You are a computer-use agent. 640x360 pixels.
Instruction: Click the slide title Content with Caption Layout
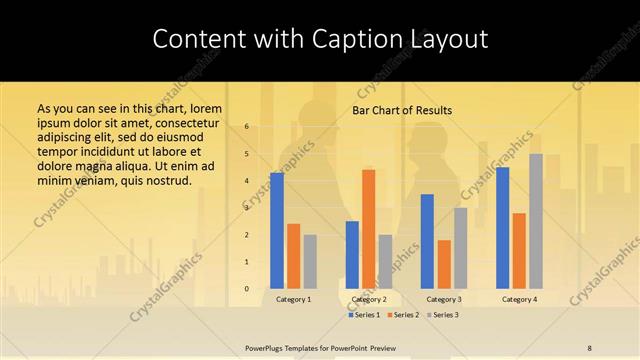pyautogui.click(x=320, y=39)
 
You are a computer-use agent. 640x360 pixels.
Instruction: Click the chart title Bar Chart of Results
pyautogui.click(x=402, y=110)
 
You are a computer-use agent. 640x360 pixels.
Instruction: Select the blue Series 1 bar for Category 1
pyautogui.click(x=276, y=230)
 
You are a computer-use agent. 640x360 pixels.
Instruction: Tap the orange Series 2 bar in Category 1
pyautogui.click(x=293, y=256)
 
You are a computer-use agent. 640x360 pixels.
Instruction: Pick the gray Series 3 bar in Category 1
pyautogui.click(x=310, y=261)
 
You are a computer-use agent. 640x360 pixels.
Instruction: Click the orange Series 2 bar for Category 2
pyautogui.click(x=368, y=229)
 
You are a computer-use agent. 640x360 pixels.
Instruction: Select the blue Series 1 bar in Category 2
pyautogui.click(x=352, y=255)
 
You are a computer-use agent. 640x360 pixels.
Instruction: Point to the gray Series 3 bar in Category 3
pyautogui.click(x=460, y=248)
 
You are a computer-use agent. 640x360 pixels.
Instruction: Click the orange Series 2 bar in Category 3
pyautogui.click(x=444, y=264)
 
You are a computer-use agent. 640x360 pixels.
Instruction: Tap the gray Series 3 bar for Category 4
pyautogui.click(x=536, y=221)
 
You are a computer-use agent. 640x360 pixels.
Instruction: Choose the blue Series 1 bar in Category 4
pyautogui.click(x=502, y=228)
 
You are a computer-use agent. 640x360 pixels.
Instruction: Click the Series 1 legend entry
pyautogui.click(x=366, y=315)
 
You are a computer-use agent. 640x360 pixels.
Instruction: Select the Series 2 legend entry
pyautogui.click(x=404, y=315)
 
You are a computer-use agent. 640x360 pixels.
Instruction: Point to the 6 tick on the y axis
pyautogui.click(x=247, y=127)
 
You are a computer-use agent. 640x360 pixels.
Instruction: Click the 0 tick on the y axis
pyautogui.click(x=247, y=289)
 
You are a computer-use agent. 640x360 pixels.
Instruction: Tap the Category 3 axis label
pyautogui.click(x=444, y=299)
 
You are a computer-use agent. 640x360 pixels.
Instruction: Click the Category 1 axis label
pyautogui.click(x=293, y=299)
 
